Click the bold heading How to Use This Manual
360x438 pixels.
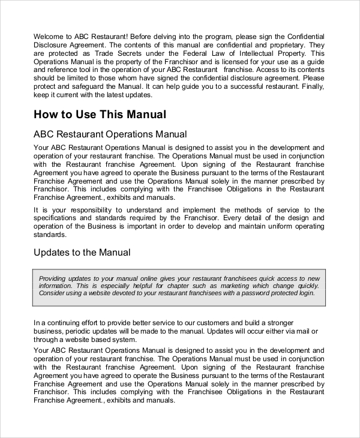pos(100,114)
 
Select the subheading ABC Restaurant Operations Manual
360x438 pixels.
pos(110,134)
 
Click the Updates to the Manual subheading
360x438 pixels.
pos(82,253)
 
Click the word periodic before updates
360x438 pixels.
pos(82,331)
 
